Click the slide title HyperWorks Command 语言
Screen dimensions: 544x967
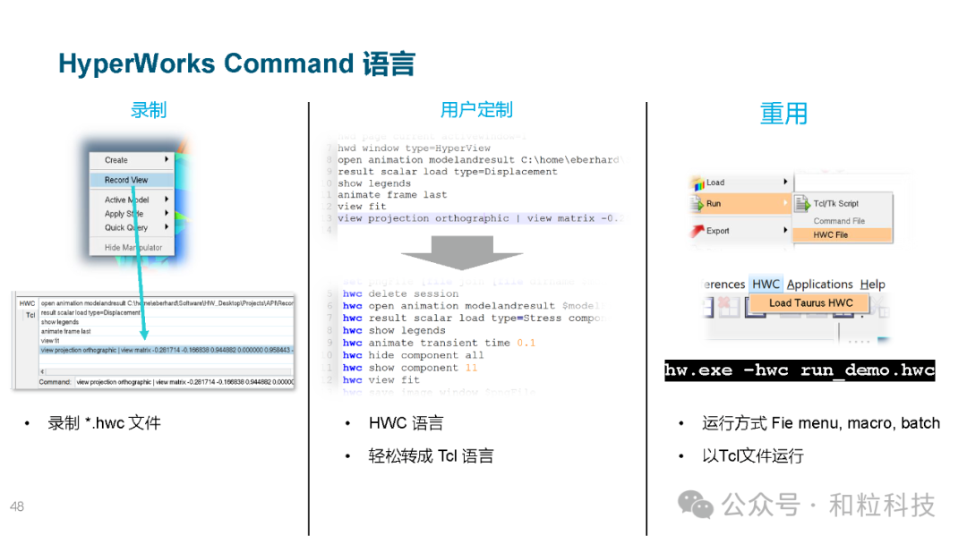[236, 64]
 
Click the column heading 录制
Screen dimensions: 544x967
[149, 110]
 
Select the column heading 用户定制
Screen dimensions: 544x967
[476, 110]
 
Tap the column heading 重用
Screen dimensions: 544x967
[783, 114]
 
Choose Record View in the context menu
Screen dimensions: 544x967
[126, 180]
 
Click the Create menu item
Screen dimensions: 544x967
[116, 160]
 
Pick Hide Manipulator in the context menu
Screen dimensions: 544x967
[133, 248]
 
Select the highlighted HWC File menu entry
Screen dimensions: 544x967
[830, 235]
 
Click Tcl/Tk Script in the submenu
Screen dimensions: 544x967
[835, 204]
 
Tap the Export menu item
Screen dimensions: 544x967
[718, 231]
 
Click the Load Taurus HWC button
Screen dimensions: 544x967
[810, 303]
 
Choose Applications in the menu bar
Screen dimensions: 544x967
[819, 285]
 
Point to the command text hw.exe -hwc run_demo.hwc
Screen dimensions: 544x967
[799, 370]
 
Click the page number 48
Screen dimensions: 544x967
[17, 507]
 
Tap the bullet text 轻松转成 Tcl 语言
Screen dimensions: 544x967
[431, 456]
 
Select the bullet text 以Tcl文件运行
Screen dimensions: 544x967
[752, 456]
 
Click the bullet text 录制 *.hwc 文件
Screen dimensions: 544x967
[104, 423]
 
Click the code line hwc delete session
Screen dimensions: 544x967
[400, 293]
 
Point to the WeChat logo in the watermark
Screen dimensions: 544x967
[695, 505]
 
